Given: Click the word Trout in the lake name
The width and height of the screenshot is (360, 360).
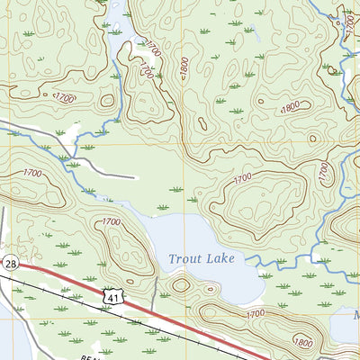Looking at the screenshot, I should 185,259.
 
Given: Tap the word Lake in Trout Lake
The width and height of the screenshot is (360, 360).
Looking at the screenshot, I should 220,259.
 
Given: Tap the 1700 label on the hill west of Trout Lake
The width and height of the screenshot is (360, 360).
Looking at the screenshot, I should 111,221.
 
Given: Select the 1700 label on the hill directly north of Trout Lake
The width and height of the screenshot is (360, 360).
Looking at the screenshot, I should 242,180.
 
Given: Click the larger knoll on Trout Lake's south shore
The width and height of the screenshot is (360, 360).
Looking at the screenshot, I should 182,285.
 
